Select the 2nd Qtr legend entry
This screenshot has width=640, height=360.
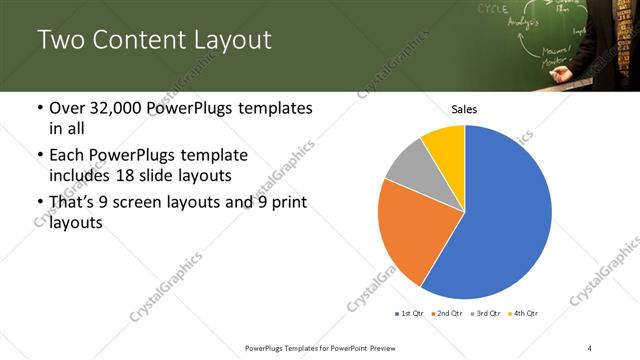[446, 313]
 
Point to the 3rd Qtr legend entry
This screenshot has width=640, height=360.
[486, 313]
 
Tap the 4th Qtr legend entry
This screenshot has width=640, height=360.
[525, 313]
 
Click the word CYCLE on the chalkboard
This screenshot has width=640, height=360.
[492, 9]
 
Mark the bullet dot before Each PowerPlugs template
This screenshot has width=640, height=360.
[39, 156]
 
